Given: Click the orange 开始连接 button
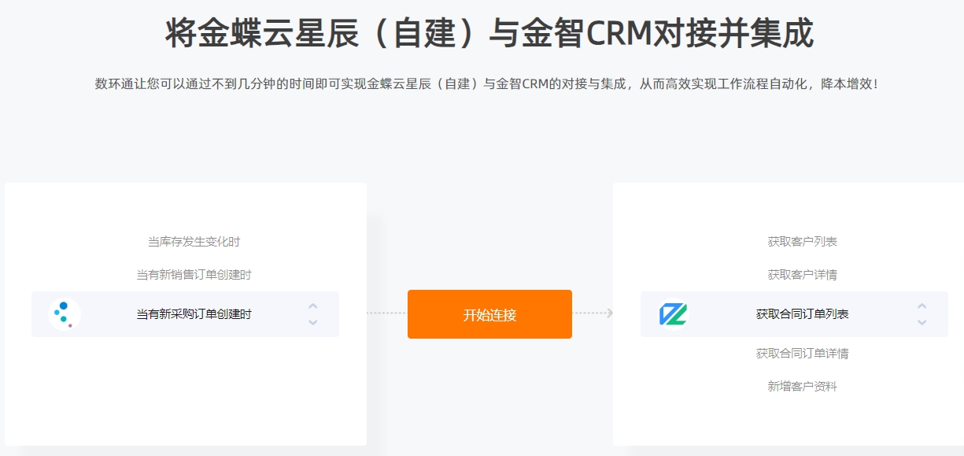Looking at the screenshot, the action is point(489,314).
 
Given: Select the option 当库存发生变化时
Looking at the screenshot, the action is point(194,242).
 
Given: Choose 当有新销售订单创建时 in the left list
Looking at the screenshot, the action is point(194,275).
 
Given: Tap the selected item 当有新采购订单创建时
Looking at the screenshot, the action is point(194,314).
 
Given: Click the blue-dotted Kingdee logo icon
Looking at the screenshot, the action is point(64,314).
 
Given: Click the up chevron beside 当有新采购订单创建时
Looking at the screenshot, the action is point(313,306).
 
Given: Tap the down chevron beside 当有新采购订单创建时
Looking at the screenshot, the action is point(313,322).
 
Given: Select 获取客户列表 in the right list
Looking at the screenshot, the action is point(802,242).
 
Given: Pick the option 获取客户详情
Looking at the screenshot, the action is point(802,275).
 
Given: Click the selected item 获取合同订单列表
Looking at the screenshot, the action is point(802,314).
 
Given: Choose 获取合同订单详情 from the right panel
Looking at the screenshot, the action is point(802,354).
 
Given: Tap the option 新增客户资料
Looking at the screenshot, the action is point(802,387).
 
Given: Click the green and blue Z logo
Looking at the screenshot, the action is point(673,314).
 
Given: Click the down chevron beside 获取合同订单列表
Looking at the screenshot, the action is point(922,322).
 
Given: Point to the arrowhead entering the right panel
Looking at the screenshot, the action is point(610,313).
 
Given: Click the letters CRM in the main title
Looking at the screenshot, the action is point(619,33).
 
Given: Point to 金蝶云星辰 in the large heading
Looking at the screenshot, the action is point(262,33).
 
